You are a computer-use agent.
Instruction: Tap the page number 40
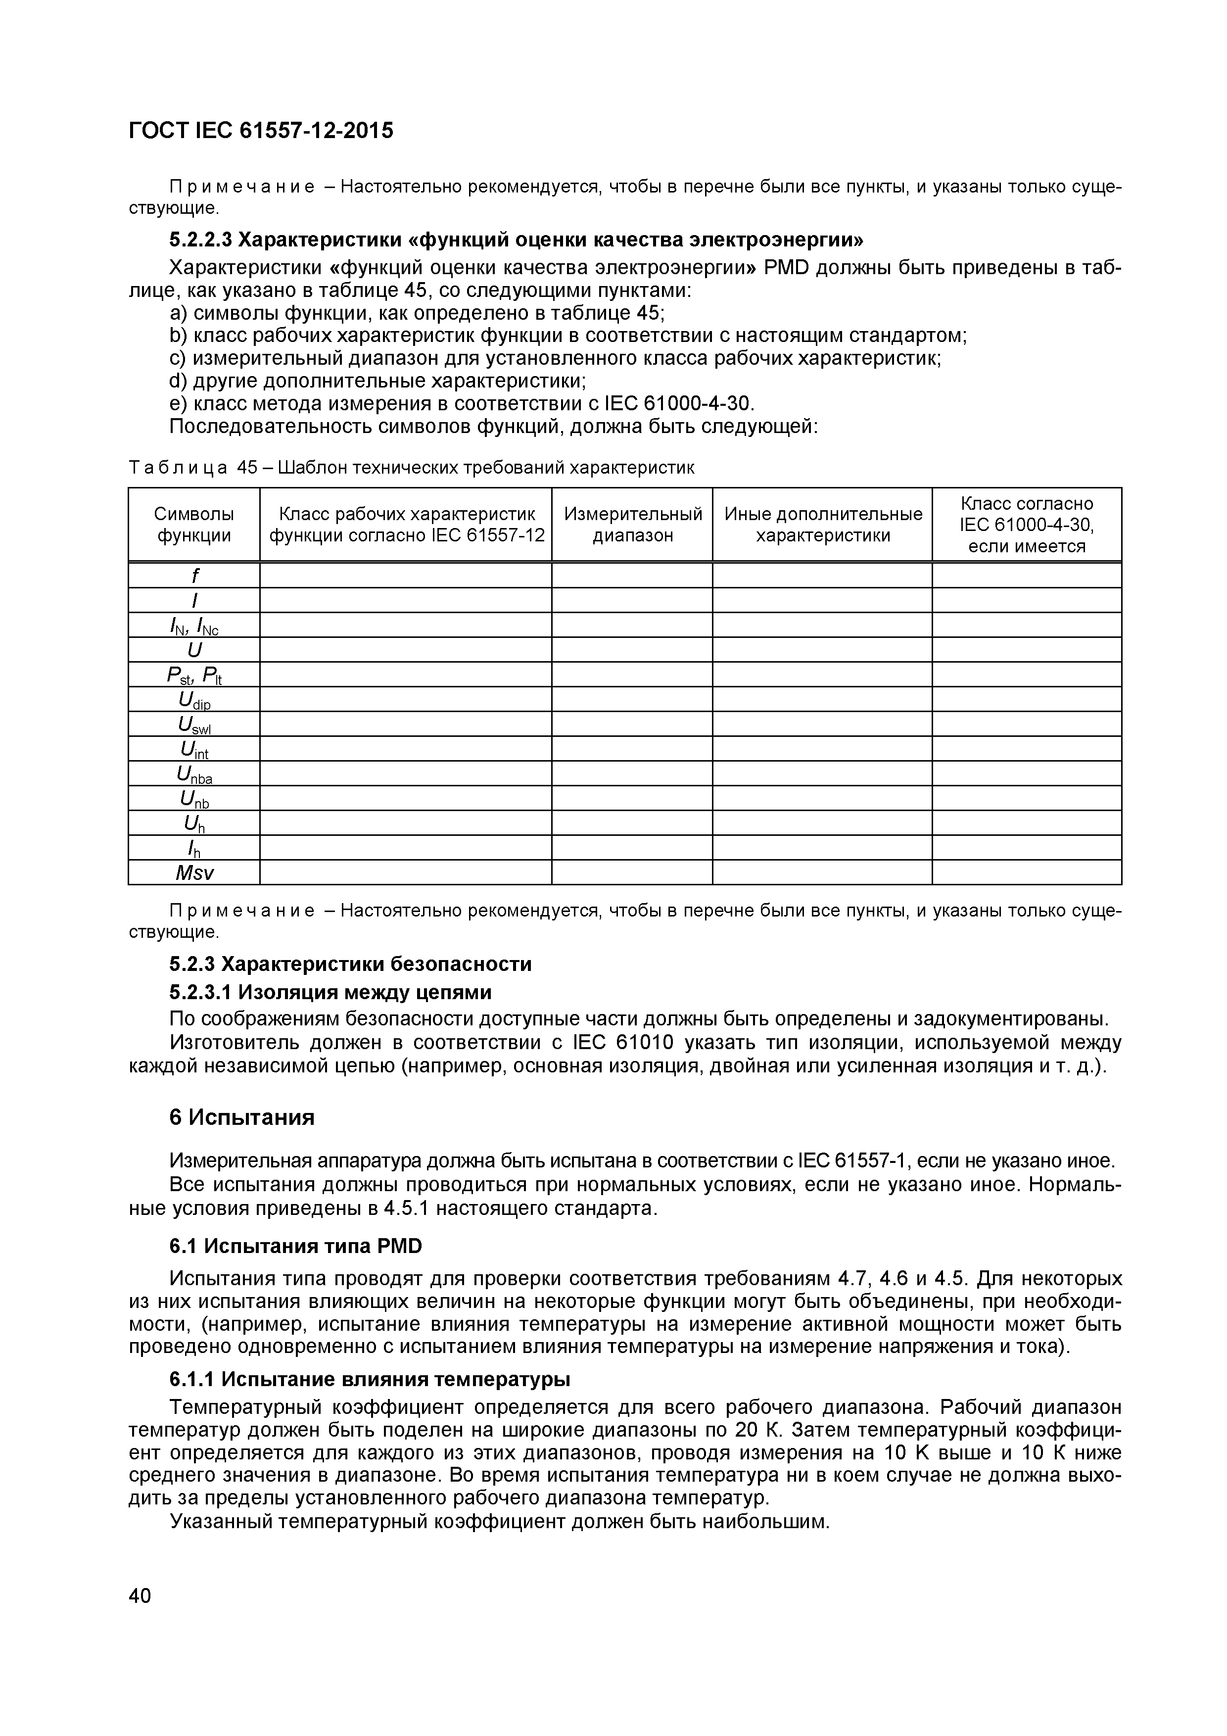point(140,1595)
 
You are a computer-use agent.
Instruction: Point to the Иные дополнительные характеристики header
point(823,525)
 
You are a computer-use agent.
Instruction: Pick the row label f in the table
point(194,576)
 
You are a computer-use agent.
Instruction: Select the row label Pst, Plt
point(194,675)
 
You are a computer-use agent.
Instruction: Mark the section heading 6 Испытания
point(242,1117)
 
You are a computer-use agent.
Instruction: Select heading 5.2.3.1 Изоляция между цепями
point(330,991)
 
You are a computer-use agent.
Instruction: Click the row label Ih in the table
point(194,848)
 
